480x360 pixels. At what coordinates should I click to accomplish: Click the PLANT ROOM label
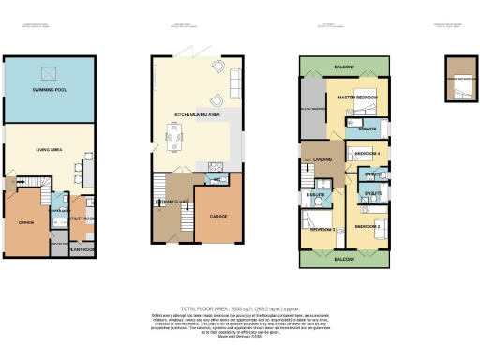[x=82, y=250]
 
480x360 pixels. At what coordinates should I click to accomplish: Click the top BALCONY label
[x=343, y=66]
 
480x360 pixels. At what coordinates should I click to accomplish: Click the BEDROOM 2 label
[x=368, y=227]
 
